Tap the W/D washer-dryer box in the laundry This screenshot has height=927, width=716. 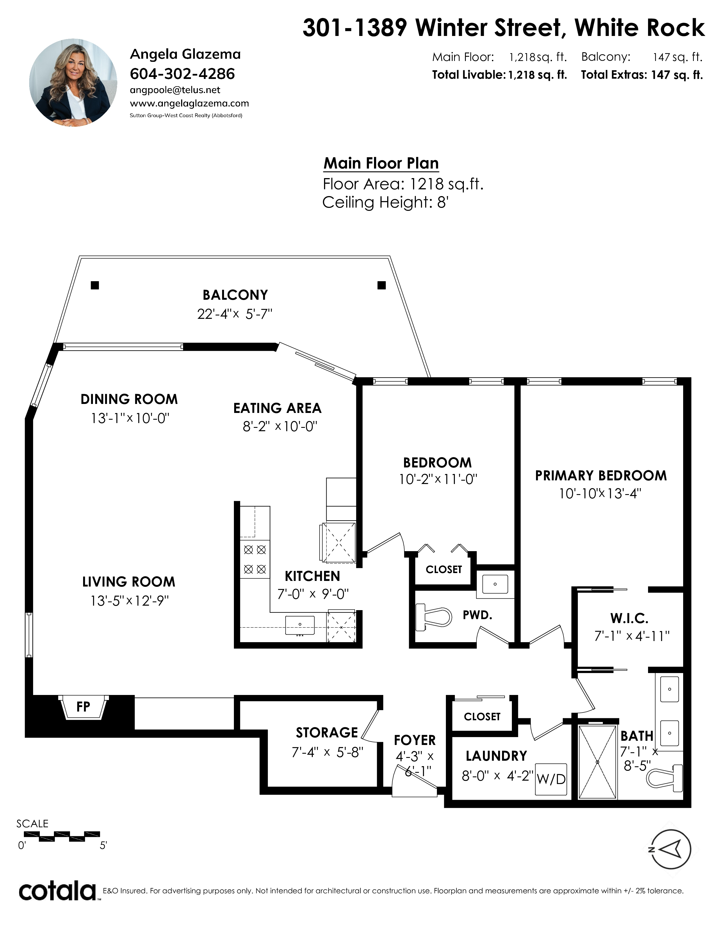click(x=551, y=779)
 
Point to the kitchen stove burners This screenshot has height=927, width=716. click(x=255, y=559)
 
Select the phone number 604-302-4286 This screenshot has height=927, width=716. click(x=183, y=74)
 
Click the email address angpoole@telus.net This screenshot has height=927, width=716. click(x=175, y=90)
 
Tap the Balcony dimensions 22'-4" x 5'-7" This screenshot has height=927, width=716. click(x=234, y=314)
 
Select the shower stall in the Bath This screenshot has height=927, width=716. click(x=597, y=762)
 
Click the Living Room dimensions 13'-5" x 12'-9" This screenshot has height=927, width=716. click(x=129, y=601)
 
